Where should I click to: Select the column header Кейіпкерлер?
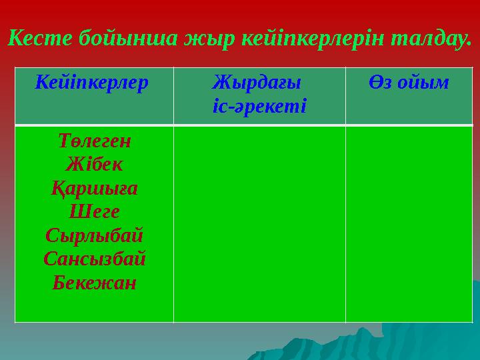click(93, 83)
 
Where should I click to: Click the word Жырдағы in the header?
click(257, 83)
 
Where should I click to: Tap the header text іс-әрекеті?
click(259, 105)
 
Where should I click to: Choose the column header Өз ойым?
click(408, 83)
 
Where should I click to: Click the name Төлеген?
click(94, 141)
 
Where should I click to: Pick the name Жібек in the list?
click(94, 165)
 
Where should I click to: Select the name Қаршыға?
click(94, 189)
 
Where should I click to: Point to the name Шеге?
click(94, 212)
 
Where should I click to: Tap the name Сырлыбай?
click(94, 236)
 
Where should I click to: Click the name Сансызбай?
click(94, 259)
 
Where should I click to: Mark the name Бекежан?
click(94, 283)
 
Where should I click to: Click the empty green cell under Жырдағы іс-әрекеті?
click(259, 223)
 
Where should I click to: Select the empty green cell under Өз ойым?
click(408, 223)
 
